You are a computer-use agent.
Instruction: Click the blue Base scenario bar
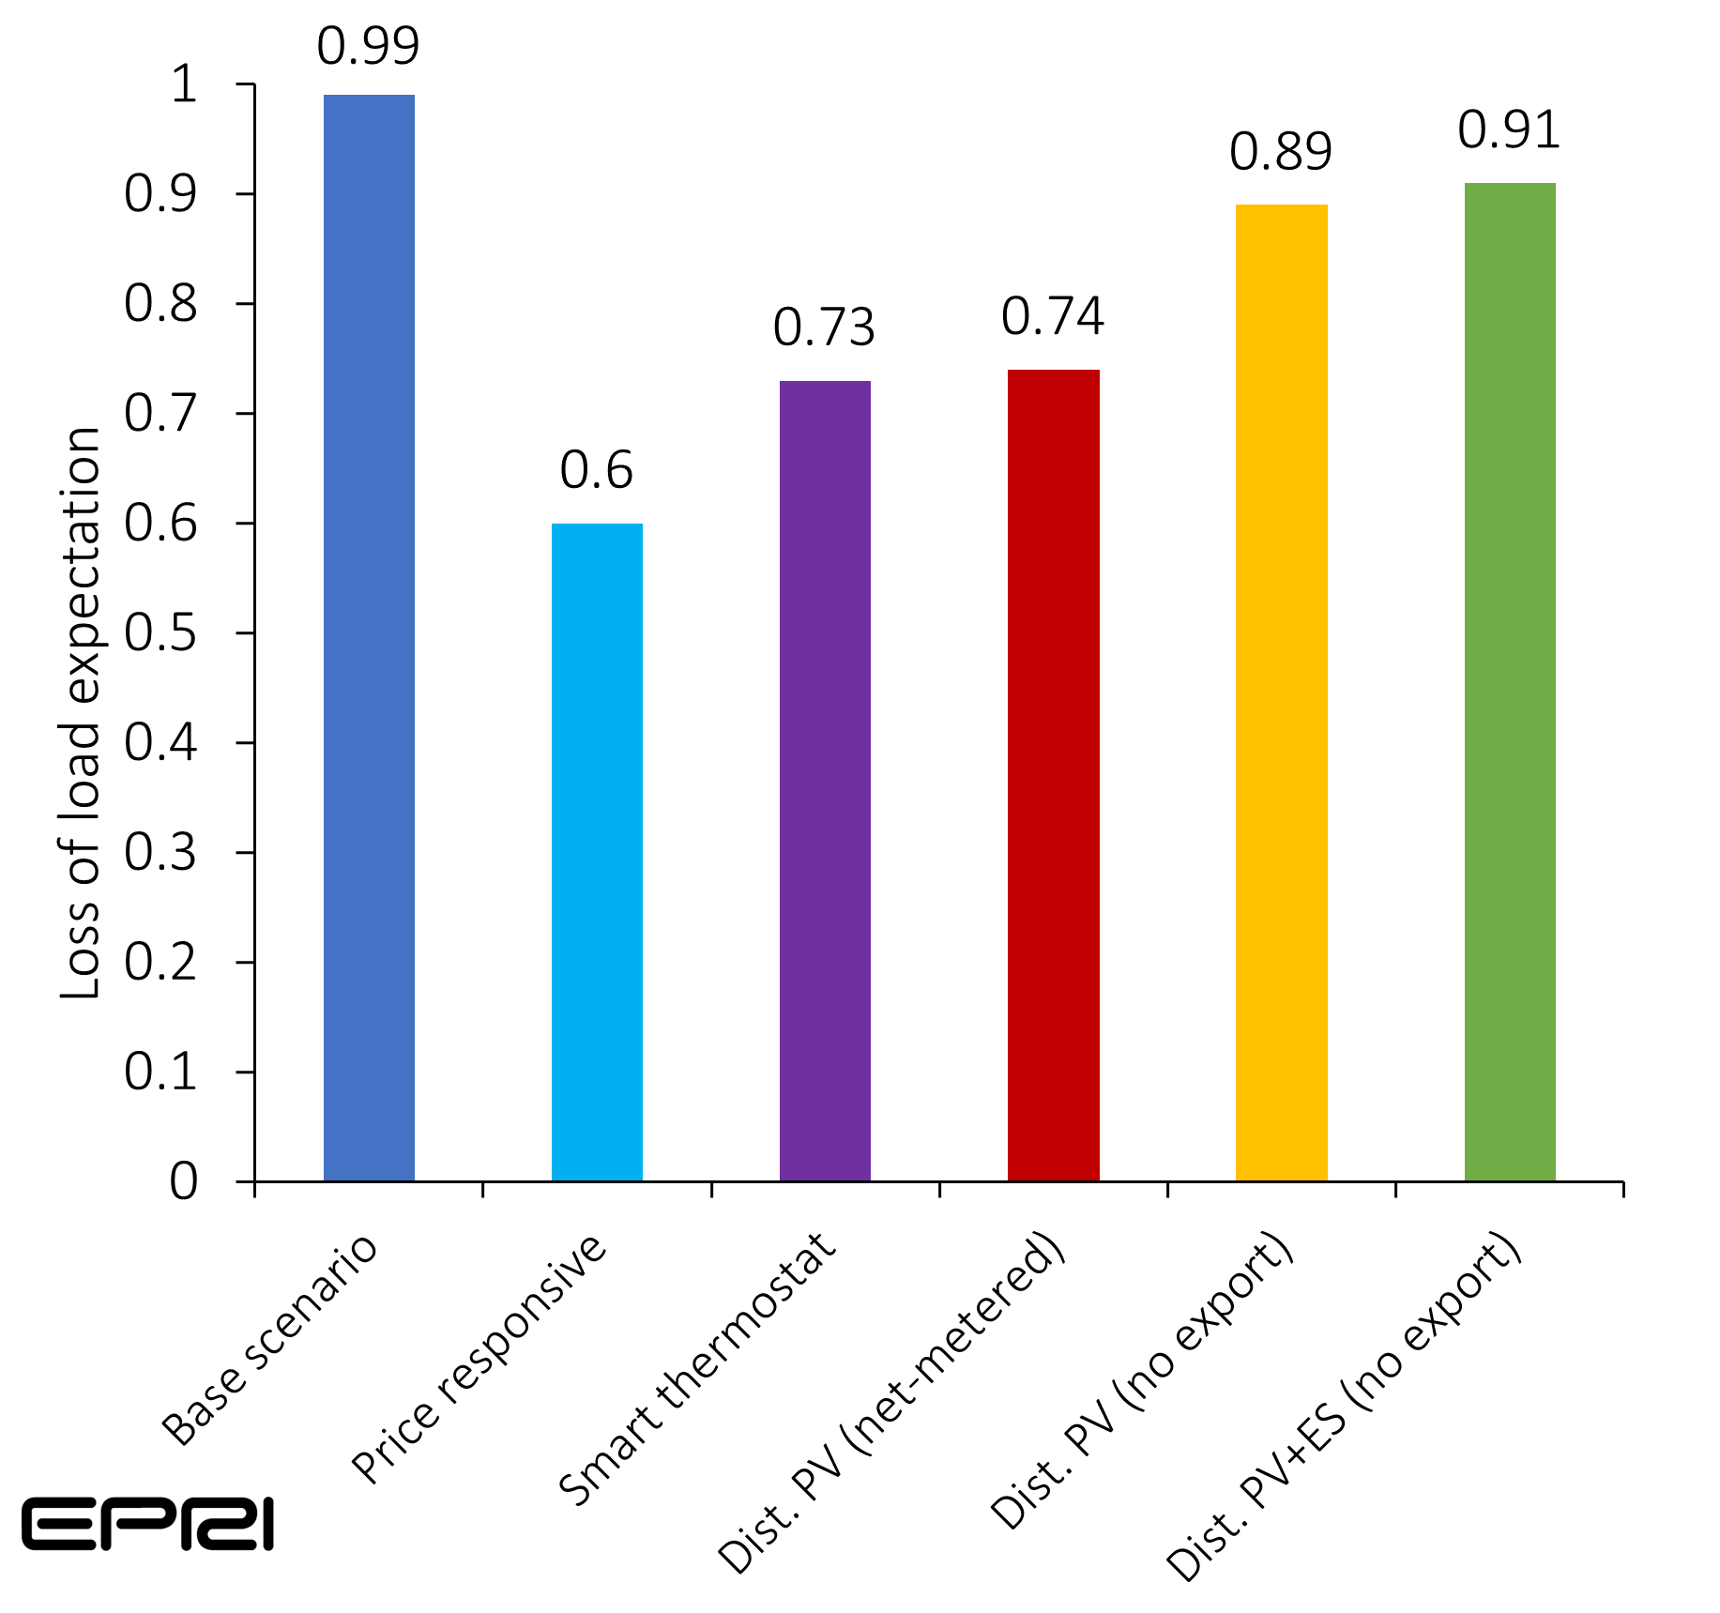[x=369, y=638]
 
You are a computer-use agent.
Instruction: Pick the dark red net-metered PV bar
[x=1053, y=775]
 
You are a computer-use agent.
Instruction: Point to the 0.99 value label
[x=368, y=46]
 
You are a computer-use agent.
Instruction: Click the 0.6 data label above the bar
[x=597, y=470]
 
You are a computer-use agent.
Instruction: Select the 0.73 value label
[x=824, y=327]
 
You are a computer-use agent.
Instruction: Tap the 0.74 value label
[x=1052, y=316]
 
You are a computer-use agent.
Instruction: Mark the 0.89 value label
[x=1281, y=151]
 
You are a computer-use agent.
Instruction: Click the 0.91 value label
[x=1509, y=129]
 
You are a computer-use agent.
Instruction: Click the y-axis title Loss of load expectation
[x=81, y=713]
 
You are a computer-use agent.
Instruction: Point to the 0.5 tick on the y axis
[x=160, y=633]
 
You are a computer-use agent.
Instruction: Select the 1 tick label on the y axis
[x=184, y=84]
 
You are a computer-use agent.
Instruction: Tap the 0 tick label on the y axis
[x=184, y=1181]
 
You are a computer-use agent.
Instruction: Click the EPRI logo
[x=147, y=1524]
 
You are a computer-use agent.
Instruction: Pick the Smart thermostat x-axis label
[x=697, y=1369]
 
